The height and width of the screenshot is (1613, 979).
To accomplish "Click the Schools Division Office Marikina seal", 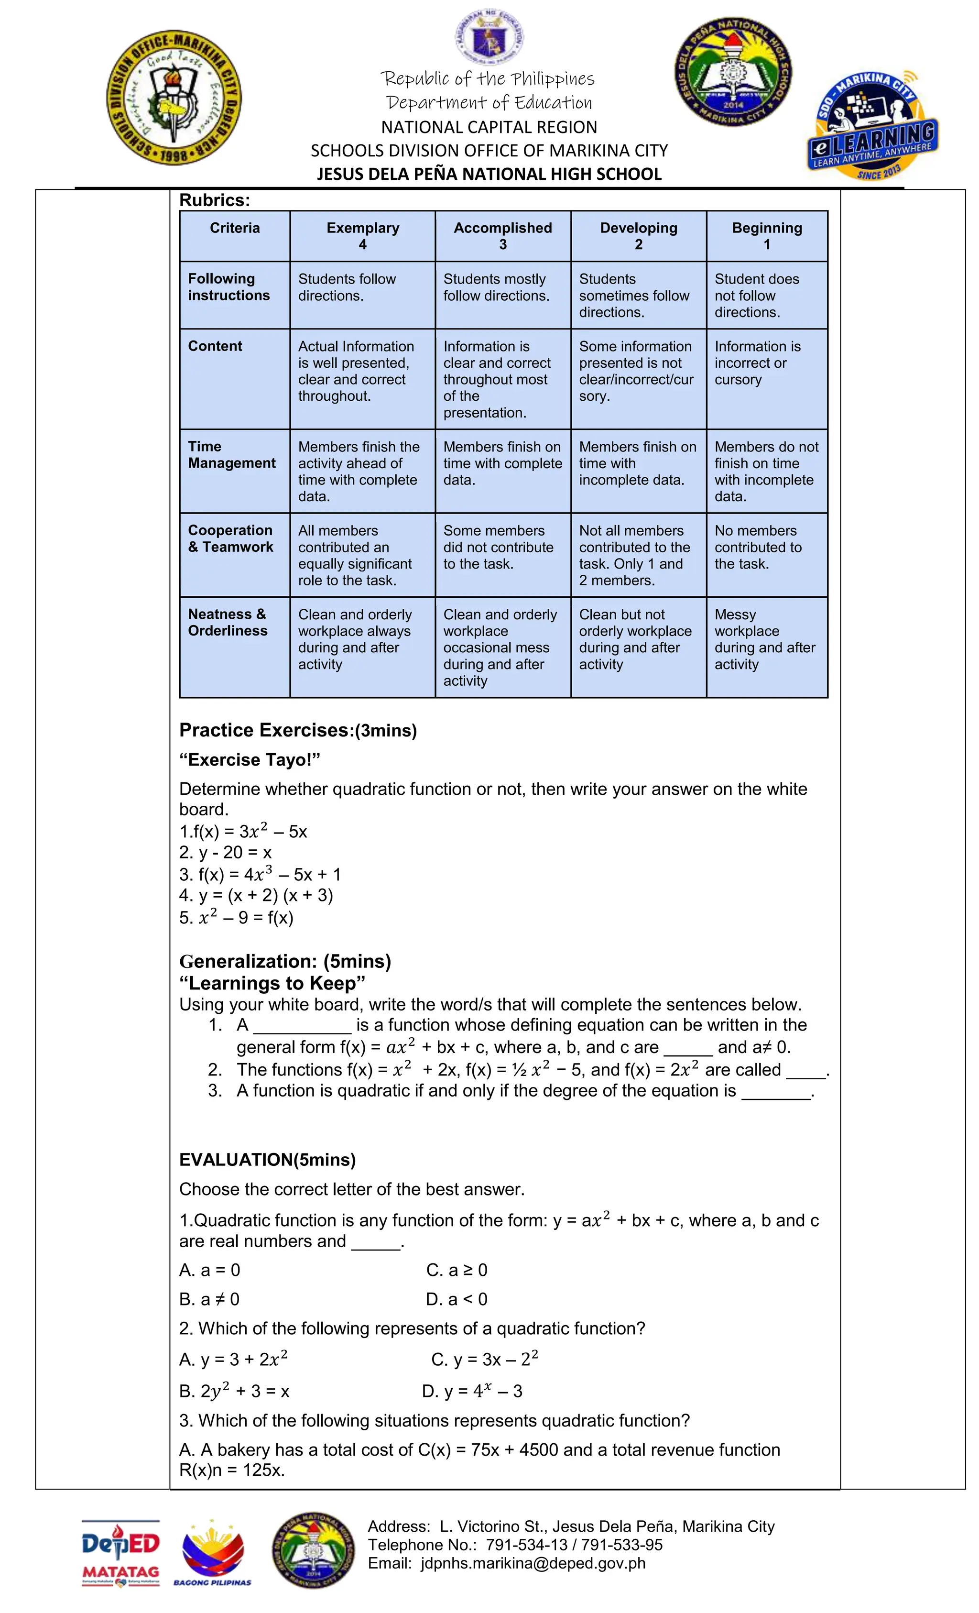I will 174,97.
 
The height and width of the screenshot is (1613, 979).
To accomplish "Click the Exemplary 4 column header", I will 362,236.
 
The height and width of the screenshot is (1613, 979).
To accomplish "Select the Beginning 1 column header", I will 766,236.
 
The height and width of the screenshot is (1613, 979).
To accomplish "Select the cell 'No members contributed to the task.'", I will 757,547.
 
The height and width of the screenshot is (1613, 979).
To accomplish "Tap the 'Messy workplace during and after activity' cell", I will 764,639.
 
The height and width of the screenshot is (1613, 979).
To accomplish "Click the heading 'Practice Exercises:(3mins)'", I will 298,730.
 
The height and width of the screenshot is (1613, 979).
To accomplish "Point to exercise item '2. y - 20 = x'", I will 225,852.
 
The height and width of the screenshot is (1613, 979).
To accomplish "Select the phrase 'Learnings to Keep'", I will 272,983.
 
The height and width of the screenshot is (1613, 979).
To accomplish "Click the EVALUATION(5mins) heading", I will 267,1159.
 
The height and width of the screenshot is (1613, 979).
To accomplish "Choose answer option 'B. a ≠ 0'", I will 209,1299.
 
